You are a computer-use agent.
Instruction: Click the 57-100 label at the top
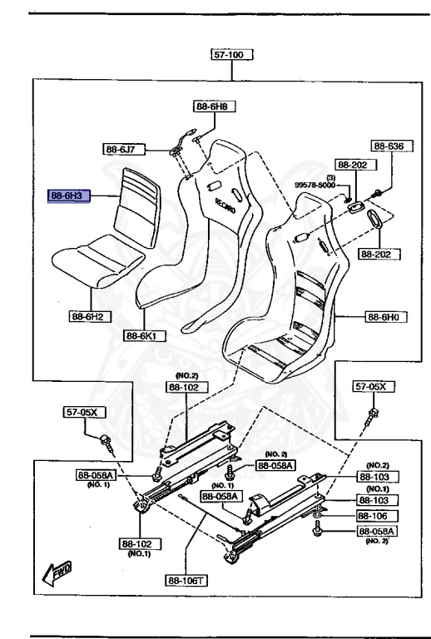231,55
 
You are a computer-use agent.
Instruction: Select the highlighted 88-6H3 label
70,196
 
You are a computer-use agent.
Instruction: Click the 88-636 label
388,146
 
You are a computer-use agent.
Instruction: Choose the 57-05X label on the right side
371,387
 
